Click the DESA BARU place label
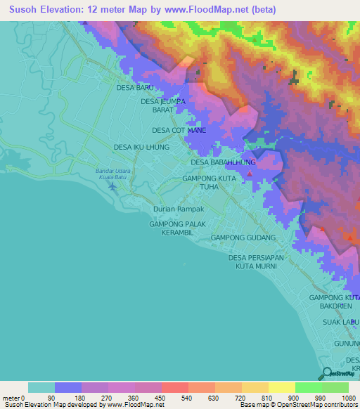134,89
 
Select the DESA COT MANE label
179,131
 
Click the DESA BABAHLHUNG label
223,162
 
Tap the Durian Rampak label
179,209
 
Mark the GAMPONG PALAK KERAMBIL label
174,228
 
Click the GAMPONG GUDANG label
243,238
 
